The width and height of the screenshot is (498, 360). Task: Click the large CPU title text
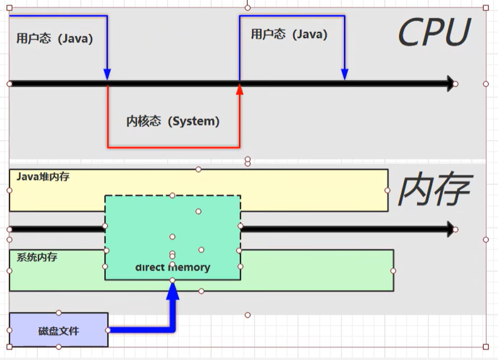[434, 33]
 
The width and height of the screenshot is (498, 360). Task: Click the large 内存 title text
[434, 190]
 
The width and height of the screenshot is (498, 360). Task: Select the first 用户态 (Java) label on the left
[54, 39]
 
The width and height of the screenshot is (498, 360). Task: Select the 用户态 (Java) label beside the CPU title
[289, 34]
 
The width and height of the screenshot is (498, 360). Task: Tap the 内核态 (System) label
[173, 121]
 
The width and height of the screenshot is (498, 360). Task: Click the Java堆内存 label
[43, 177]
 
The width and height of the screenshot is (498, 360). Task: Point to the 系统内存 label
[37, 258]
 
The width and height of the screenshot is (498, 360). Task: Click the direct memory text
[173, 267]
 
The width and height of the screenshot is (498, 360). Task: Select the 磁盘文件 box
[59, 330]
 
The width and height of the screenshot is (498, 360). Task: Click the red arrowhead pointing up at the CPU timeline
[239, 89]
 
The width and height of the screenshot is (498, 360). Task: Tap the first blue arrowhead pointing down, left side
[107, 75]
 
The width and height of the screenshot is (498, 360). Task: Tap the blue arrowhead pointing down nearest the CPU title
[345, 75]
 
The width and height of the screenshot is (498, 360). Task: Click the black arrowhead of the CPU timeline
[450, 84]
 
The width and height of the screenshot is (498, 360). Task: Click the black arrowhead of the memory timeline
[450, 229]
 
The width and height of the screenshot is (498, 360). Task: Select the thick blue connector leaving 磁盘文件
[141, 329]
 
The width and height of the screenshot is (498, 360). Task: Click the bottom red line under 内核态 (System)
[173, 148]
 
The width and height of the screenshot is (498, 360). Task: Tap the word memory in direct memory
[189, 267]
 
